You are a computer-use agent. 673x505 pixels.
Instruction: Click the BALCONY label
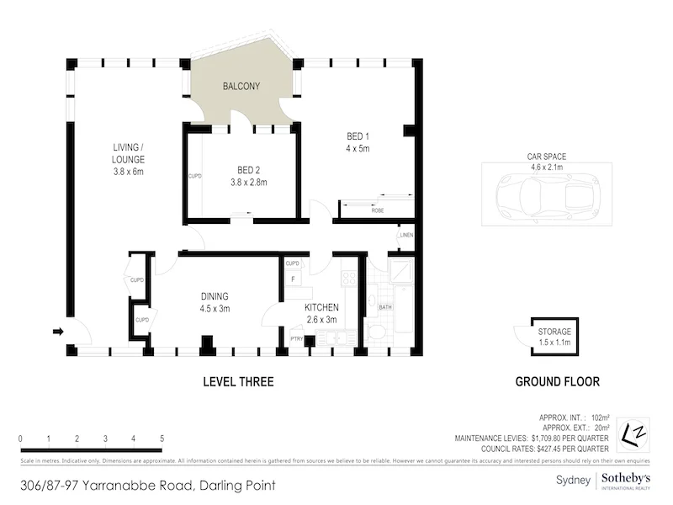coord(241,87)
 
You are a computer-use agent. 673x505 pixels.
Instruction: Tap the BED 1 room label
coord(358,136)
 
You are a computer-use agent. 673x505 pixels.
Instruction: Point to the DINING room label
coord(215,296)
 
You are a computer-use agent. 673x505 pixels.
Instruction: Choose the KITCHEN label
coord(321,307)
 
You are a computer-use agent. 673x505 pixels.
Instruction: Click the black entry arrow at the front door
coord(58,332)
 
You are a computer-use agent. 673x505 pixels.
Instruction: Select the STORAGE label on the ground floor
coord(554,332)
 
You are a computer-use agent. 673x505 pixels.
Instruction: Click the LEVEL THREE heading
coord(238,382)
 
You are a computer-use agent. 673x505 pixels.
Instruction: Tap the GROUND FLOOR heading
coord(557,382)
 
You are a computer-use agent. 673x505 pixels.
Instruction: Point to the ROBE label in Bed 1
coord(378,210)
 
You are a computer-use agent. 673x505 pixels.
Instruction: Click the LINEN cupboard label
coord(406,236)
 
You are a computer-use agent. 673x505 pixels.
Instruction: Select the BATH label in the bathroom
coord(385,307)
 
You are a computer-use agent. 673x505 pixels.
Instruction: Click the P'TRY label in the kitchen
coord(295,338)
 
